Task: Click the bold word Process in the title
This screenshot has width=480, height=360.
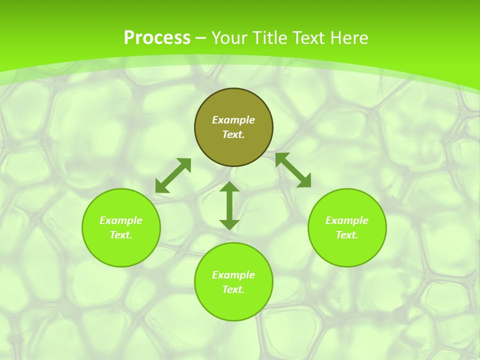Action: (157, 38)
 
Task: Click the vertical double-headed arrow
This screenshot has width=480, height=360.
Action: (229, 205)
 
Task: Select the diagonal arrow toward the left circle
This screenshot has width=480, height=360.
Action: (173, 175)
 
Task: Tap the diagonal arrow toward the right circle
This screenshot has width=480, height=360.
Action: (293, 170)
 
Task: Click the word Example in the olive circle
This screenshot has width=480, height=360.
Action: (233, 120)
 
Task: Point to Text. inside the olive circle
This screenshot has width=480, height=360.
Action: (233, 134)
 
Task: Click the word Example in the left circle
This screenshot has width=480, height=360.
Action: (121, 220)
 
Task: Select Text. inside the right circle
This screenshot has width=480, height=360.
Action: (347, 235)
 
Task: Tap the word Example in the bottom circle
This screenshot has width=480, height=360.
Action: (233, 275)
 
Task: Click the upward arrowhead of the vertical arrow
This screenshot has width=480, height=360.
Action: (229, 187)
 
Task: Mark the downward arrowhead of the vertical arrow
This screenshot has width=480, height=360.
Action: (229, 224)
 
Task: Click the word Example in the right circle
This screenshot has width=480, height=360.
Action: (347, 220)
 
